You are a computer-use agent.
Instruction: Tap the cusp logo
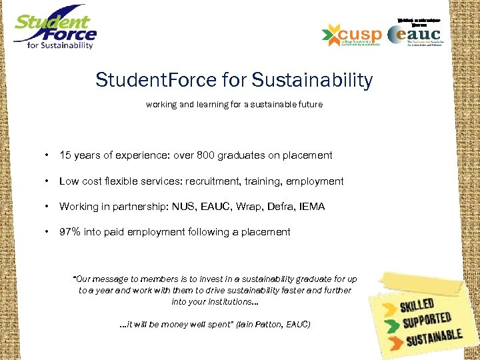(351, 35)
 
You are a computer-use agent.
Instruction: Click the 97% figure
(70, 232)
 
